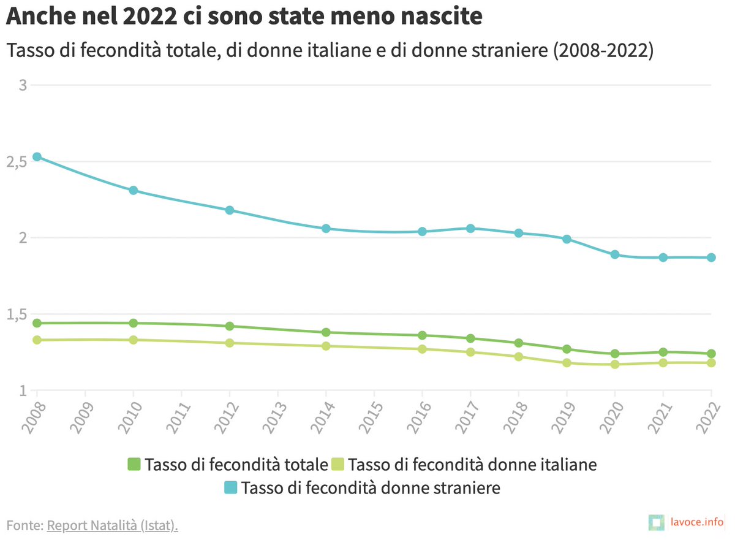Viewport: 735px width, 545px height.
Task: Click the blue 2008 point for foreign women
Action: pyautogui.click(x=37, y=157)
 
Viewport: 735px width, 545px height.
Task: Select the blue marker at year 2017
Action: pyautogui.click(x=470, y=229)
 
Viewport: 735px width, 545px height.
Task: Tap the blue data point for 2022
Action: pyautogui.click(x=711, y=257)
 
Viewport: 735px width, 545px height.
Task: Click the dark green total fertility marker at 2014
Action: pyautogui.click(x=326, y=332)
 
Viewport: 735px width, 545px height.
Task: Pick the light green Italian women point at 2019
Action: pyautogui.click(x=567, y=363)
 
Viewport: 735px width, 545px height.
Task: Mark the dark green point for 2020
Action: pyautogui.click(x=615, y=354)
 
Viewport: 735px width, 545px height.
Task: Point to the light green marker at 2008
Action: pyautogui.click(x=37, y=340)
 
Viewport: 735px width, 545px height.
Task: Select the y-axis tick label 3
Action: pyautogui.click(x=23, y=85)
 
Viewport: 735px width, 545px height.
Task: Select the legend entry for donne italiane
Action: pyautogui.click(x=464, y=465)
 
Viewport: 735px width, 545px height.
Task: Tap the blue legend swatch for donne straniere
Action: pyautogui.click(x=230, y=489)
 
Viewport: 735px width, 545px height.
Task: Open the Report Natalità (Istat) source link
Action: pyautogui.click(x=113, y=525)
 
